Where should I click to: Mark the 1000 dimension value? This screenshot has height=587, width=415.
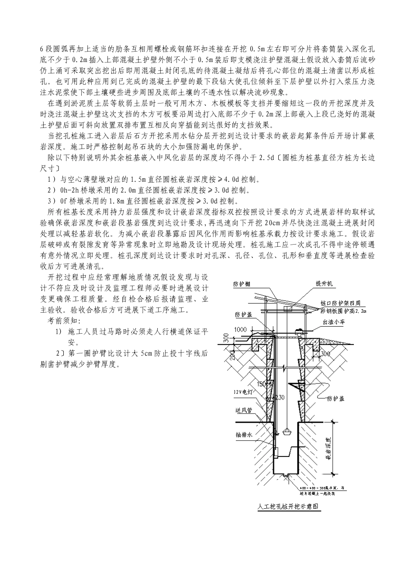[240, 330]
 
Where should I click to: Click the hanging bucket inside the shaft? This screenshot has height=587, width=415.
[286, 432]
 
